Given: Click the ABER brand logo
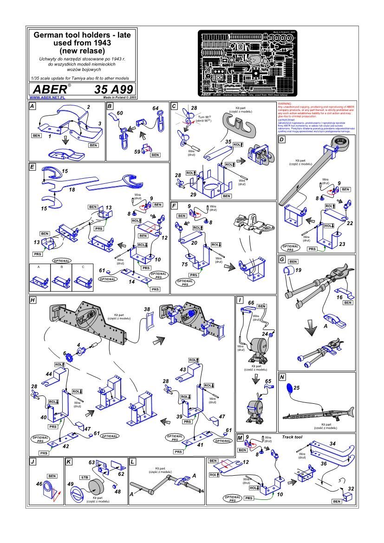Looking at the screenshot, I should [x=48, y=90].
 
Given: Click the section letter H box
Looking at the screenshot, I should [x=33, y=300].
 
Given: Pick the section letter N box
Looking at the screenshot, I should [x=282, y=377].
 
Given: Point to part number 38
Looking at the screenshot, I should [x=147, y=309].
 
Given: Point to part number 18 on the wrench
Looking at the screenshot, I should [x=72, y=190].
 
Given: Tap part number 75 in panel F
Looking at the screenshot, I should [x=185, y=265].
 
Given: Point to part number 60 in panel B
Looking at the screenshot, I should [x=120, y=113].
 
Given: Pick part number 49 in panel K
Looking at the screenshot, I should [x=71, y=485].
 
